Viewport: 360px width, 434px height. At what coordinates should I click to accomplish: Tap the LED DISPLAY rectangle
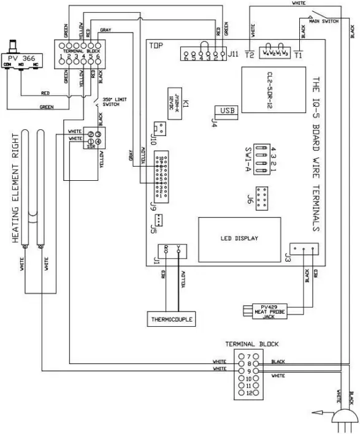coord(239,238)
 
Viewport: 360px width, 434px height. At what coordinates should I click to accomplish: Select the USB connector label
coord(226,111)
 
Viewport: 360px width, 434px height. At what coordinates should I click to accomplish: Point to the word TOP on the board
coord(157,45)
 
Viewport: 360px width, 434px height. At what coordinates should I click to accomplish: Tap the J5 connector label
coord(152,231)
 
